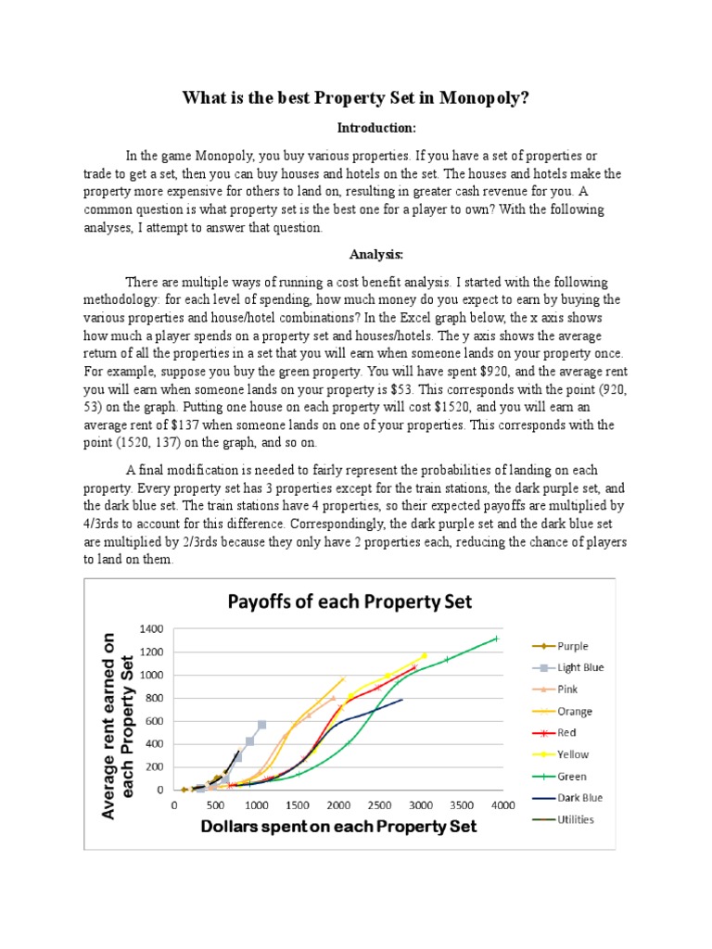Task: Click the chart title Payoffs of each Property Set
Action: pyautogui.click(x=350, y=602)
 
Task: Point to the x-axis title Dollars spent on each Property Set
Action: pyautogui.click(x=339, y=826)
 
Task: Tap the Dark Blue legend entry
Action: pyautogui.click(x=580, y=798)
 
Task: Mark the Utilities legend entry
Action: pyautogui.click(x=576, y=819)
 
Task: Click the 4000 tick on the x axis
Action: pyautogui.click(x=502, y=805)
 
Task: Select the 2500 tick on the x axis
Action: pyautogui.click(x=379, y=805)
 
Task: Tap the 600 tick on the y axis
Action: pyautogui.click(x=155, y=721)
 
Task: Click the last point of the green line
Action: pyautogui.click(x=496, y=639)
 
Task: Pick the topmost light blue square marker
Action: pyautogui.click(x=261, y=725)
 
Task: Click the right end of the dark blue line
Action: pyautogui.click(x=402, y=700)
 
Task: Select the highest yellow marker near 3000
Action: pyautogui.click(x=424, y=655)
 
